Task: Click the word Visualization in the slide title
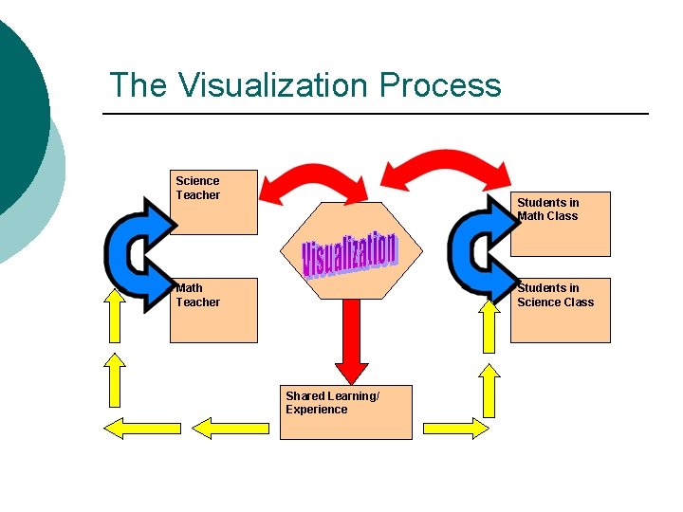275,85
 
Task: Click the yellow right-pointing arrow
456,428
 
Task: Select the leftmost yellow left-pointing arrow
141,428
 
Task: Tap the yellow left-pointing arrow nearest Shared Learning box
232,428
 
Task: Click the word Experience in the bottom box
317,410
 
